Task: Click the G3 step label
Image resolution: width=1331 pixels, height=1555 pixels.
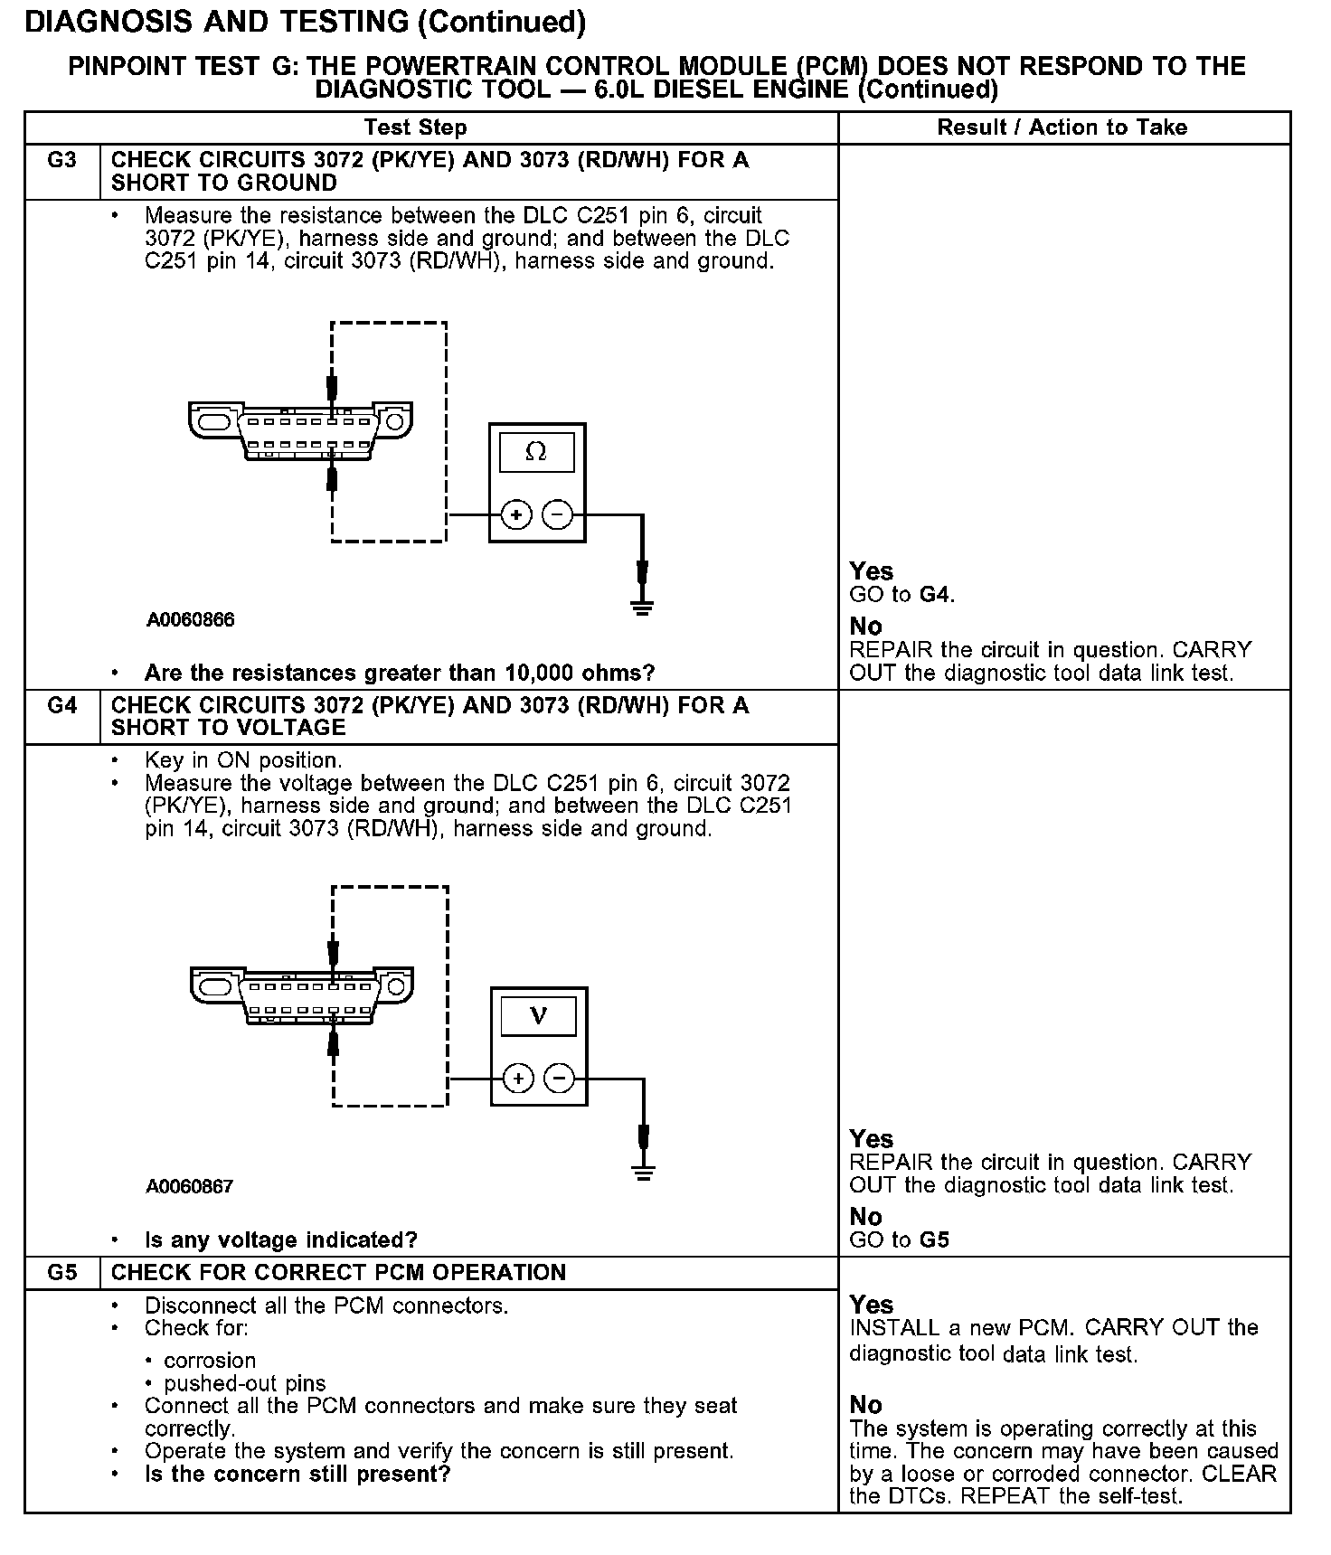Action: pyautogui.click(x=61, y=161)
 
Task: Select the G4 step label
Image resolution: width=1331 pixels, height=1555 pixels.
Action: pyautogui.click(x=61, y=705)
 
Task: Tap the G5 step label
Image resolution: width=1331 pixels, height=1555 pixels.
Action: pyautogui.click(x=61, y=1273)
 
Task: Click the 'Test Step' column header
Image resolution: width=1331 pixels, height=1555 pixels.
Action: pyautogui.click(x=415, y=127)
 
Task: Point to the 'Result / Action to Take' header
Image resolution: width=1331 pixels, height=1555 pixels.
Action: pyautogui.click(x=1062, y=127)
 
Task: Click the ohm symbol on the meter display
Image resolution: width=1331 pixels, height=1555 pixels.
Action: pyautogui.click(x=536, y=451)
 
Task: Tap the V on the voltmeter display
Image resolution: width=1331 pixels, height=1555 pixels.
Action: pyautogui.click(x=538, y=1015)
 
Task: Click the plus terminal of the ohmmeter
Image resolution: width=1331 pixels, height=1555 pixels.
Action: pyautogui.click(x=516, y=515)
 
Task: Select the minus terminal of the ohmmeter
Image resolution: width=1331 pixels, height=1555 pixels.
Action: pyautogui.click(x=557, y=515)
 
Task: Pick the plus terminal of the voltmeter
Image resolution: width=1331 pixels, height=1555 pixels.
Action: pyautogui.click(x=518, y=1079)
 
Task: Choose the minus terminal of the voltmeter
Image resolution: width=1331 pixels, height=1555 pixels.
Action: pyautogui.click(x=559, y=1079)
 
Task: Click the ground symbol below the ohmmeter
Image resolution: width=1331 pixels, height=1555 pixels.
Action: pyautogui.click(x=642, y=607)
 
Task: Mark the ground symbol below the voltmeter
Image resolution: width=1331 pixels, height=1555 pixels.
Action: pyautogui.click(x=643, y=1173)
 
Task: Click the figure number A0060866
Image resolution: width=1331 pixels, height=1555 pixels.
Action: pyautogui.click(x=190, y=619)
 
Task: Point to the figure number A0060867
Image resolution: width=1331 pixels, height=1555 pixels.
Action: pyautogui.click(x=190, y=1186)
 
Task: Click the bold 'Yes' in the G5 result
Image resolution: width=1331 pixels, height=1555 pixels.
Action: pyautogui.click(x=871, y=1305)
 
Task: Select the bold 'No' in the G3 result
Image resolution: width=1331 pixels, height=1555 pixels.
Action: pyautogui.click(x=865, y=627)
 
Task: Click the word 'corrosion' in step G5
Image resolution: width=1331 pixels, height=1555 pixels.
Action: pyautogui.click(x=210, y=1361)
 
